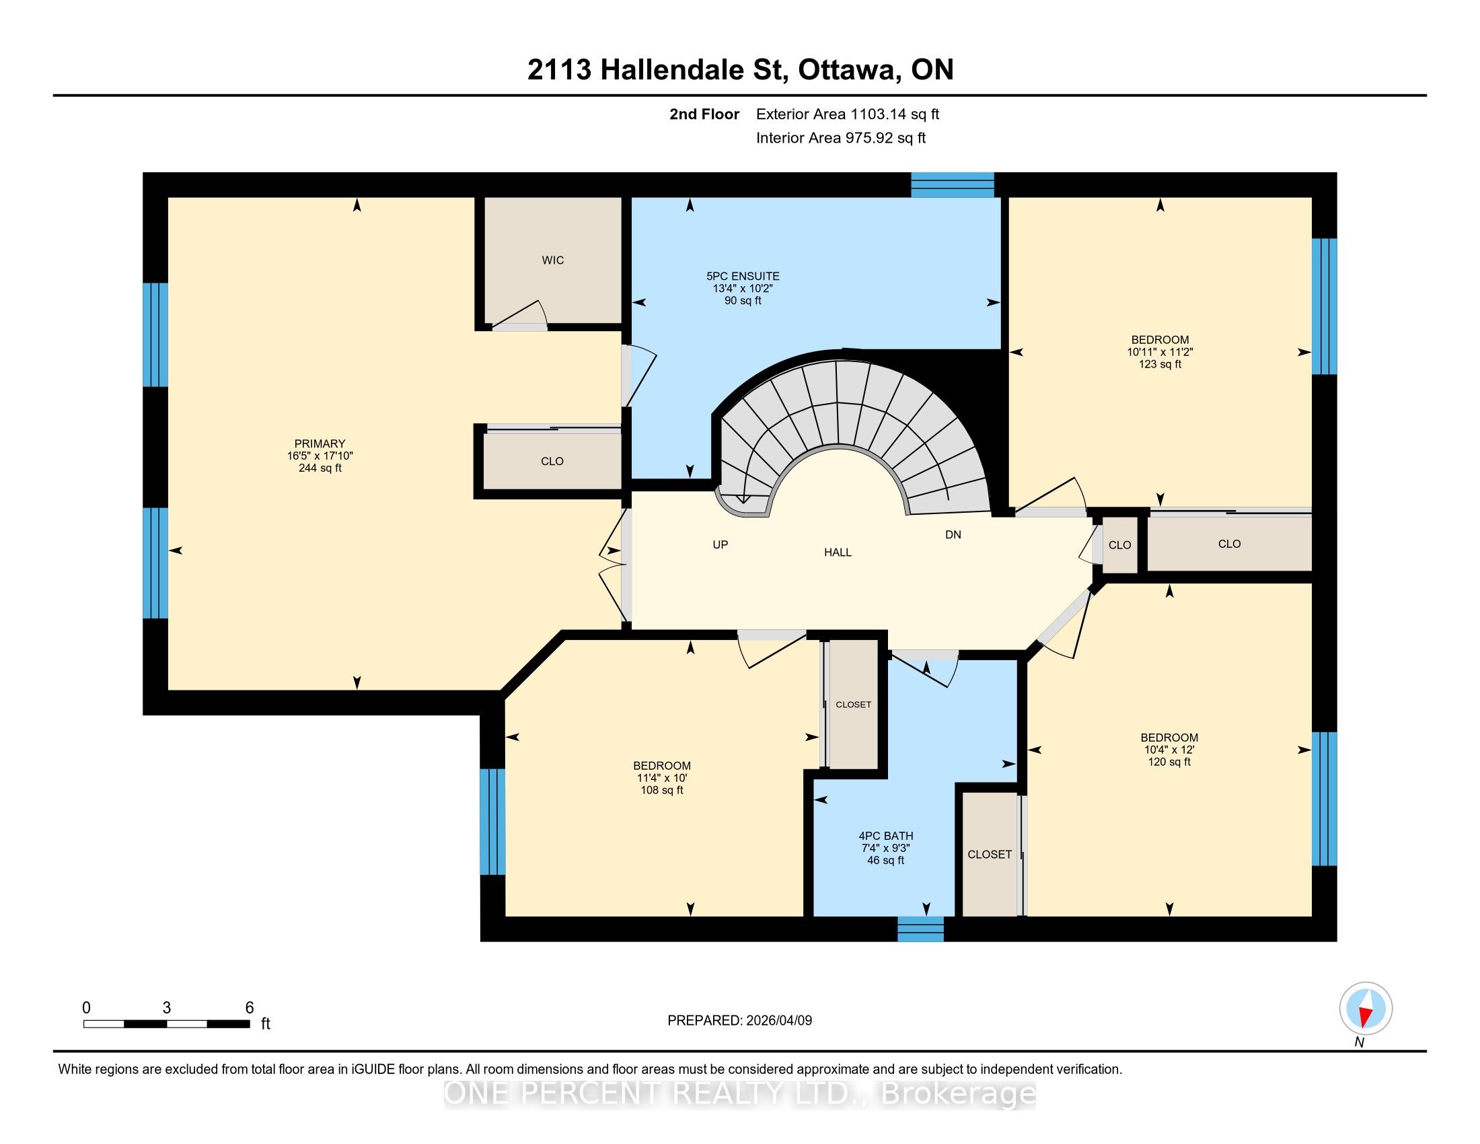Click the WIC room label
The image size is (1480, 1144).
[x=553, y=260]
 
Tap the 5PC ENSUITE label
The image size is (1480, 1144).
[x=743, y=277]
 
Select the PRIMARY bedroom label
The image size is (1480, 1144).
[x=320, y=444]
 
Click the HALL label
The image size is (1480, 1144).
[x=838, y=552]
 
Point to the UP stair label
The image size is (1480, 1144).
[x=720, y=544]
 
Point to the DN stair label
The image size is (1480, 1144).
[x=953, y=535]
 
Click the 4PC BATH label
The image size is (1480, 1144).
[x=886, y=836]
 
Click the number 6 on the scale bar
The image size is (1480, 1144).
[x=250, y=1008]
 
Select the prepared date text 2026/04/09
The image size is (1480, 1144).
[x=778, y=1021]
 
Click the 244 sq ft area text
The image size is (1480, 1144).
[x=320, y=468]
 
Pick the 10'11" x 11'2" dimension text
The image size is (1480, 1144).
[x=1160, y=353]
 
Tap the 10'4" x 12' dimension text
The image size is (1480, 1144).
[x=1169, y=750]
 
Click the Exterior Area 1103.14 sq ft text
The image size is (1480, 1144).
[x=848, y=114]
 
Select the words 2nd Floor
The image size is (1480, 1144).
[x=704, y=114]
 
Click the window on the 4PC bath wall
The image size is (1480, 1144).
[x=920, y=929]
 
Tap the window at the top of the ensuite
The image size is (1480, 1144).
[x=952, y=185]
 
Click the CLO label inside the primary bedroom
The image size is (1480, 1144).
[x=552, y=462]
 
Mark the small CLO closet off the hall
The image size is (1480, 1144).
[x=1119, y=545]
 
